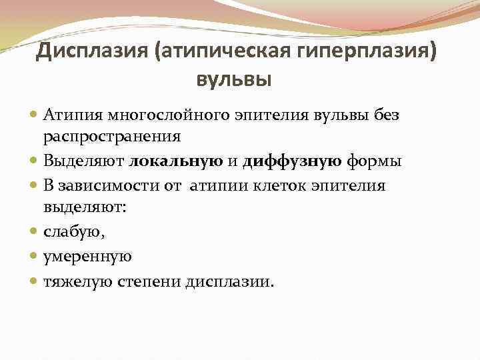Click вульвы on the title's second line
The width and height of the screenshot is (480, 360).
coord(233,81)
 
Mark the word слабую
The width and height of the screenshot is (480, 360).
coord(72,232)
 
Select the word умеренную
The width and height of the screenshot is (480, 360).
coord(87,256)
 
